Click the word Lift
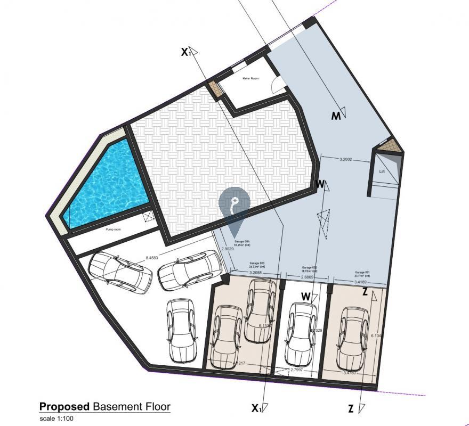382,172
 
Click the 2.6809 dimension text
308,277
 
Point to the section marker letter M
335,116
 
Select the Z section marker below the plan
350,409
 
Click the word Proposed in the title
64,407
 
